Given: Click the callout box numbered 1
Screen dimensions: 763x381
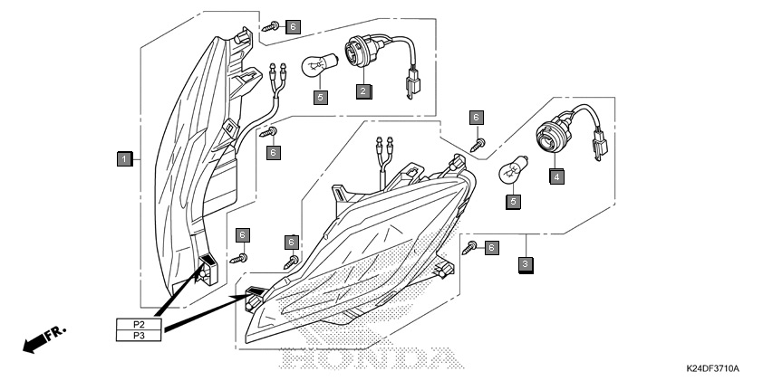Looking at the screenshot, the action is (124, 159).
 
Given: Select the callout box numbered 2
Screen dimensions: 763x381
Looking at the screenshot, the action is (363, 90).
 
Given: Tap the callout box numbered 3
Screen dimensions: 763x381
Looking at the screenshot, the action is (526, 265).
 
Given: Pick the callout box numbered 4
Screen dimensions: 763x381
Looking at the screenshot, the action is (556, 176).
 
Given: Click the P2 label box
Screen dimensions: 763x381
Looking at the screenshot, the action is (139, 324).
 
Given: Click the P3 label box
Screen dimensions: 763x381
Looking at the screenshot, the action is (139, 336).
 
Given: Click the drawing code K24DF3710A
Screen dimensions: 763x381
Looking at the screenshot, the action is (713, 368).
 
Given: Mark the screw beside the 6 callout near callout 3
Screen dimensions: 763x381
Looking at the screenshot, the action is (469, 248).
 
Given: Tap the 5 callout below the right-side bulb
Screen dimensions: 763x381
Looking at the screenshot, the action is (514, 201).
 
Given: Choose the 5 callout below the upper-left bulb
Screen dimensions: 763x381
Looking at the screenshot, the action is (320, 97).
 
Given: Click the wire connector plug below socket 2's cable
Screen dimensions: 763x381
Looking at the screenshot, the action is (413, 88).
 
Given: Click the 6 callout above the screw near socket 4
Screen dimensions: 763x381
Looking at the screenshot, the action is (477, 118).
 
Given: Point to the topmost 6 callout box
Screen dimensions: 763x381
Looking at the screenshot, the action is (293, 26).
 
